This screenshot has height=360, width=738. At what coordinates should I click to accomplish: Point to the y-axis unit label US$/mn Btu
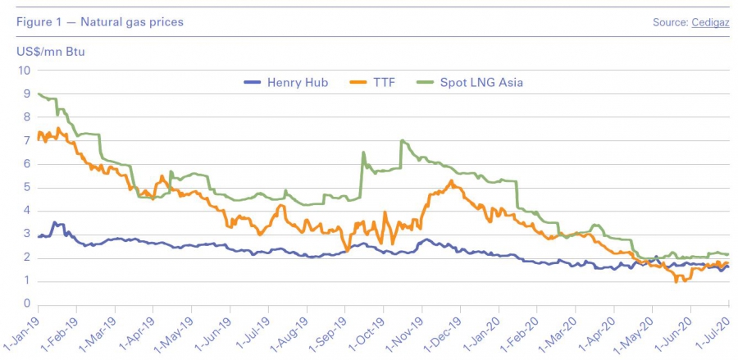(x=51, y=51)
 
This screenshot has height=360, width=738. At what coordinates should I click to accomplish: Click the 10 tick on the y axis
(x=24, y=71)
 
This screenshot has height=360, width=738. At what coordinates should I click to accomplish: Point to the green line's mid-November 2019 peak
(x=402, y=140)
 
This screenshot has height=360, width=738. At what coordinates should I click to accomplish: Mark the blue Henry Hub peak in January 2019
(x=54, y=222)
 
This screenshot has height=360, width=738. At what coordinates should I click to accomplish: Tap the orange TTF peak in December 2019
(x=451, y=180)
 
